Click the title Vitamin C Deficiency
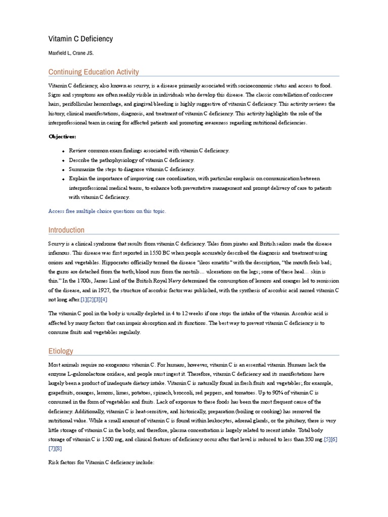pyautogui.click(x=80, y=39)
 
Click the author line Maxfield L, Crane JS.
pyautogui.click(x=71, y=53)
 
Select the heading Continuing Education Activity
pyautogui.click(x=93, y=72)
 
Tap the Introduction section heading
pyautogui.click(x=66, y=230)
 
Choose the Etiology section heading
pyautogui.click(x=61, y=351)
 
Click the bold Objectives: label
pyautogui.click(x=63, y=136)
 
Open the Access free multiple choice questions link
pyautogui.click(x=107, y=211)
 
